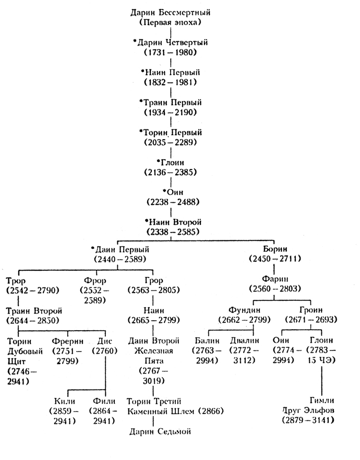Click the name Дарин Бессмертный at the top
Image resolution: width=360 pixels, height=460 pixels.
point(174,12)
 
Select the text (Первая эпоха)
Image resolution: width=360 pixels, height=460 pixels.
point(174,23)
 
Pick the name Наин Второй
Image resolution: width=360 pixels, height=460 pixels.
point(174,223)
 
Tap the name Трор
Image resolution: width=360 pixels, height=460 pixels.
point(17,280)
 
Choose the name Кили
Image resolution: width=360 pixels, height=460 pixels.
point(66,401)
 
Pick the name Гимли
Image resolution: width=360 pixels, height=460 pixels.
point(309,401)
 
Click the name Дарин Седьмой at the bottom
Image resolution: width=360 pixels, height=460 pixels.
point(161,431)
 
